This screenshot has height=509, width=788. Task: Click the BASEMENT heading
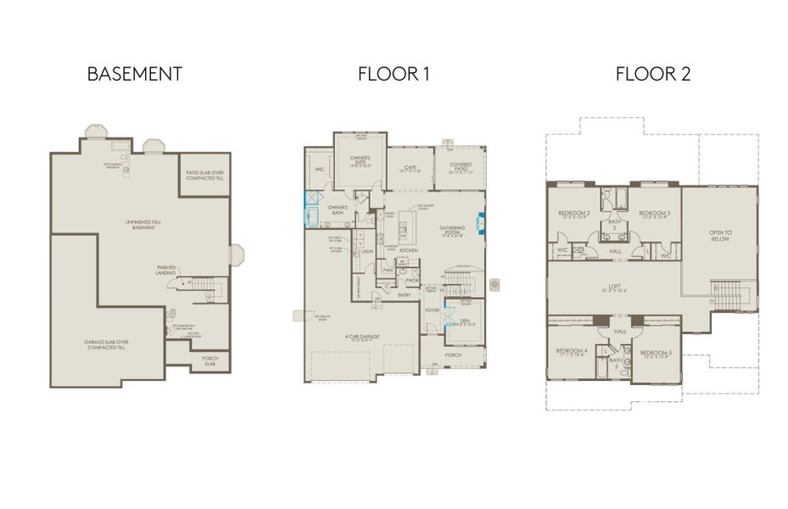click(134, 74)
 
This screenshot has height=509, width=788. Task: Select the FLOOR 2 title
click(652, 74)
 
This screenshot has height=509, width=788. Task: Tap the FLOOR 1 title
click(394, 74)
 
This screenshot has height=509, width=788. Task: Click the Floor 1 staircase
click(461, 277)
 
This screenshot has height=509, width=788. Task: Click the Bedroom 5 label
click(656, 354)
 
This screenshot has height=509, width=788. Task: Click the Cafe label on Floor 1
click(411, 168)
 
